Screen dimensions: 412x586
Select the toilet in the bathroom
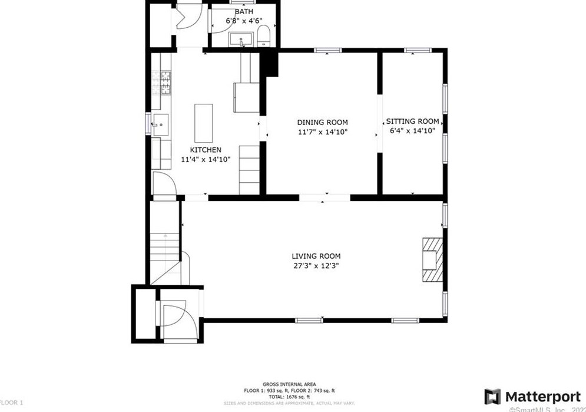click(x=264, y=36)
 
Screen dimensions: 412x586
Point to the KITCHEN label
click(x=205, y=150)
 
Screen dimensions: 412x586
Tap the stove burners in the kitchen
click(x=161, y=83)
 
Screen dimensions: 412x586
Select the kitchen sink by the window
click(x=161, y=124)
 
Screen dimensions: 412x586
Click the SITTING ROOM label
click(x=412, y=121)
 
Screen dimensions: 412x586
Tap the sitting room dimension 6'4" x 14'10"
click(x=412, y=131)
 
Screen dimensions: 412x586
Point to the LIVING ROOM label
click(x=316, y=256)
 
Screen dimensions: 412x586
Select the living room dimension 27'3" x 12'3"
click(x=316, y=266)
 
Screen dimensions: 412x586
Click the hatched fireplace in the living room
click(x=432, y=259)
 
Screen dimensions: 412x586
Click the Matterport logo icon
click(x=492, y=396)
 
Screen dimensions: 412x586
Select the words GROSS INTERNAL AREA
click(x=290, y=384)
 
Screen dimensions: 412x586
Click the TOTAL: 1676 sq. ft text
click(x=290, y=397)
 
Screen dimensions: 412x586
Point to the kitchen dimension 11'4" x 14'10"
click(x=205, y=159)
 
